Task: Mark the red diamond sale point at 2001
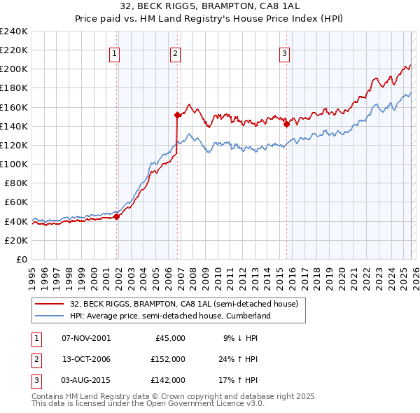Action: click(x=117, y=216)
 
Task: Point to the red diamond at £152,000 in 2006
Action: click(x=178, y=115)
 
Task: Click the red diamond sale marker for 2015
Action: click(x=287, y=125)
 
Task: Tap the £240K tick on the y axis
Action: click(x=14, y=31)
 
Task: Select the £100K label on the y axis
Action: click(x=14, y=164)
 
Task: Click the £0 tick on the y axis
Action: click(x=21, y=259)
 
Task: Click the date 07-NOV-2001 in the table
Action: click(x=86, y=337)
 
